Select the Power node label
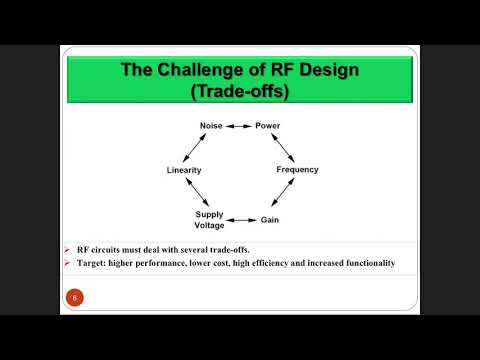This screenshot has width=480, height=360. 268,126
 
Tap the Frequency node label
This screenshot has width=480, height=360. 297,170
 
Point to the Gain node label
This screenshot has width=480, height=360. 270,219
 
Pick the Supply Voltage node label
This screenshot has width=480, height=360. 209,219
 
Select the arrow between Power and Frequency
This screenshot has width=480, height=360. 284,147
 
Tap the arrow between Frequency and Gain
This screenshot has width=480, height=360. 284,195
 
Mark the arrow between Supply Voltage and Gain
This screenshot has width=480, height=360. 241,219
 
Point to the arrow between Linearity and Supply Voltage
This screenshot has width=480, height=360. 196,193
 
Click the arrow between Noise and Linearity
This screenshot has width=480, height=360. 197,148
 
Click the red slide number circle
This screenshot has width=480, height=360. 73,297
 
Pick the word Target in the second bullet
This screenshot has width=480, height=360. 92,263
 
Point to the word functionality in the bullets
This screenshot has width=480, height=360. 364,263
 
